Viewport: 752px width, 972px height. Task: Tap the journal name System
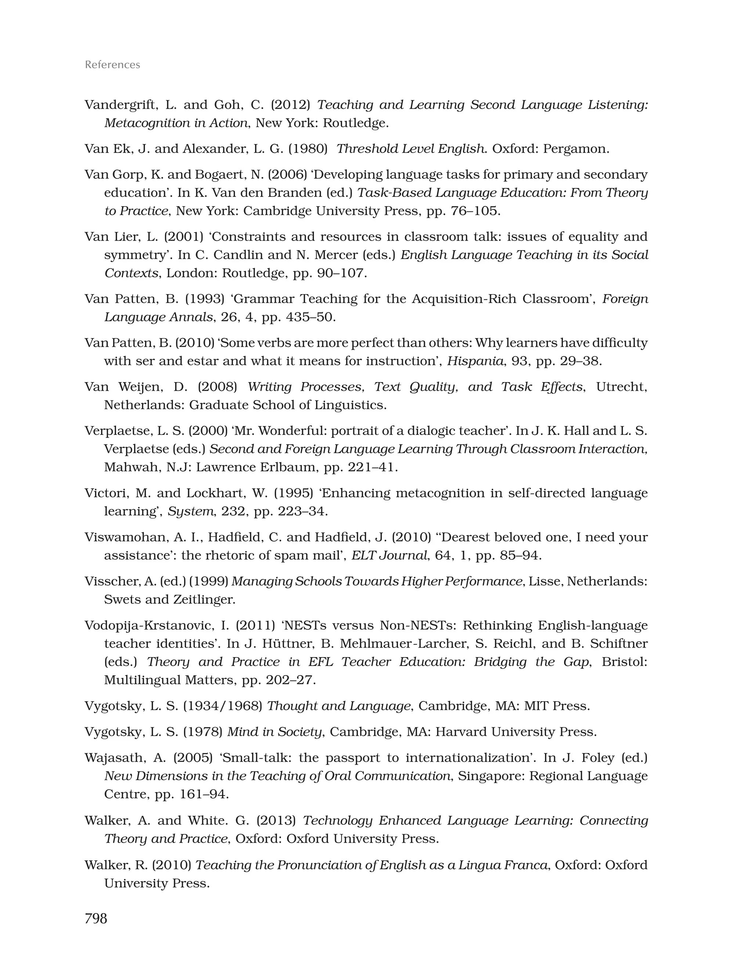pos(191,511)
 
